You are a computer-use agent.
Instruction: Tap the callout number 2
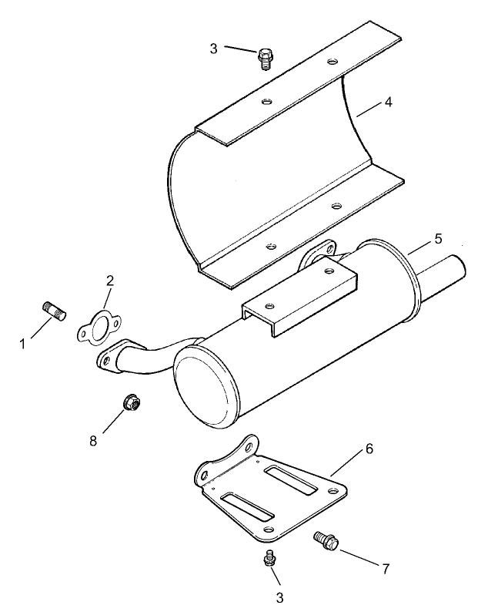tap(109, 281)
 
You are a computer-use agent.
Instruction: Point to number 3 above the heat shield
tap(213, 48)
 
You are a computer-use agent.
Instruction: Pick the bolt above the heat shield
tap(266, 58)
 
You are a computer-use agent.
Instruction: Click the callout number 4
tap(388, 102)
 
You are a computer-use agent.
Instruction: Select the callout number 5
tap(437, 238)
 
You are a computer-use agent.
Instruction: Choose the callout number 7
tap(386, 569)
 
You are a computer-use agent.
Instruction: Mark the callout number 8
tap(93, 441)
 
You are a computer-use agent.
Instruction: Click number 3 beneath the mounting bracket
tap(279, 597)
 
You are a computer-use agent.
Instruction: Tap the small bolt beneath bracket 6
tap(269, 558)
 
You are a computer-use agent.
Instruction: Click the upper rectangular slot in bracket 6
tap(291, 477)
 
